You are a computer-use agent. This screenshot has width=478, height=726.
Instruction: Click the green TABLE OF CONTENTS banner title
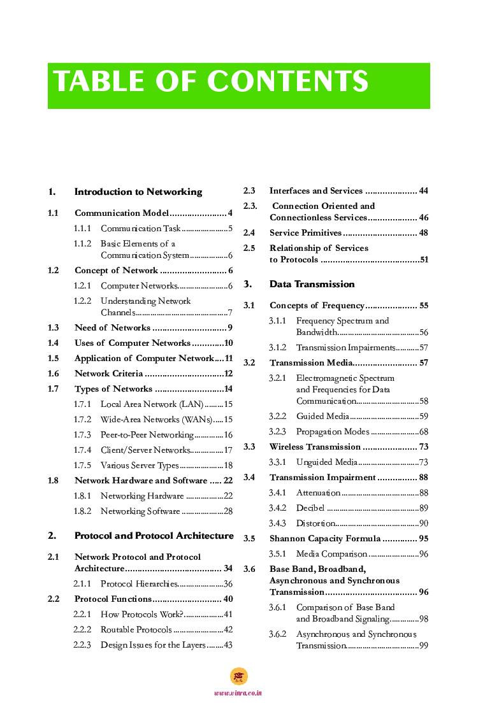click(211, 82)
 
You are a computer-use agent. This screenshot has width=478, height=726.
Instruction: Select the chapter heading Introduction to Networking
click(138, 192)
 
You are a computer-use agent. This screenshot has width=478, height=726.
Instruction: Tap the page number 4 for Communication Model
click(229, 213)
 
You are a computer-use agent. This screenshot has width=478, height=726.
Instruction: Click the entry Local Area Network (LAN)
click(152, 404)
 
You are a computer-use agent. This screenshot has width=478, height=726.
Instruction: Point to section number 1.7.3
click(82, 435)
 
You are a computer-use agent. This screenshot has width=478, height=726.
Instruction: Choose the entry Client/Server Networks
click(145, 450)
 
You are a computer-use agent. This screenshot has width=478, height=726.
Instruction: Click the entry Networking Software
click(140, 511)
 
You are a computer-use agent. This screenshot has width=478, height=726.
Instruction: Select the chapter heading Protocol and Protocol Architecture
click(154, 536)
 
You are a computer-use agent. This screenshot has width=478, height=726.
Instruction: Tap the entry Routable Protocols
click(136, 630)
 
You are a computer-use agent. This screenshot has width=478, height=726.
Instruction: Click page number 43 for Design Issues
click(228, 645)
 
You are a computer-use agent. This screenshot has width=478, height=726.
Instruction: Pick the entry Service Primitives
click(305, 233)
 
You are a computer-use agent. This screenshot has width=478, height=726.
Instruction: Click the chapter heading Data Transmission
click(312, 284)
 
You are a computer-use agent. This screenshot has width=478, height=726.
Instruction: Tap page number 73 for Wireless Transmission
click(423, 447)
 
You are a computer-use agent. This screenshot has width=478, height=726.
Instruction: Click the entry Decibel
click(310, 508)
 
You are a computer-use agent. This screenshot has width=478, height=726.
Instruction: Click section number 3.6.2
click(277, 634)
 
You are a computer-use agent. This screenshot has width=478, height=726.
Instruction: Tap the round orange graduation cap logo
click(238, 676)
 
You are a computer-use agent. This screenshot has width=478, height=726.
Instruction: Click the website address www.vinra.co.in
click(238, 693)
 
